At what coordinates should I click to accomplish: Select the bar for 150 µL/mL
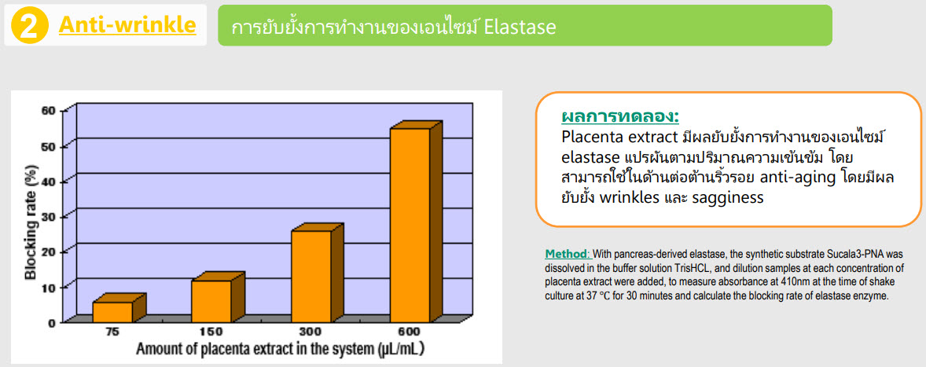tap(217, 297)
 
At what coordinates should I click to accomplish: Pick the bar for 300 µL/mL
tap(317, 273)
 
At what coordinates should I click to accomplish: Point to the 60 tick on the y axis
tap(48, 110)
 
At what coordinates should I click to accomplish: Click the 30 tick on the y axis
tap(48, 215)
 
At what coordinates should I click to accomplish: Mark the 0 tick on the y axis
tap(51, 322)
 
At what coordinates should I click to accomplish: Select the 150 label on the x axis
tap(210, 332)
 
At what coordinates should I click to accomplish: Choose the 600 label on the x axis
tap(408, 332)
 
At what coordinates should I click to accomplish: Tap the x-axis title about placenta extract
tap(281, 349)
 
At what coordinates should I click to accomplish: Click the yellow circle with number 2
tap(30, 26)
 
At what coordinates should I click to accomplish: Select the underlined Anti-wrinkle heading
tap(127, 25)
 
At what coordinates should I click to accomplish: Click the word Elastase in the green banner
tap(520, 28)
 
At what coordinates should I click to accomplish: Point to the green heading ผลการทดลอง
tap(619, 116)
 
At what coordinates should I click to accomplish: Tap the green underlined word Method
tap(566, 255)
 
